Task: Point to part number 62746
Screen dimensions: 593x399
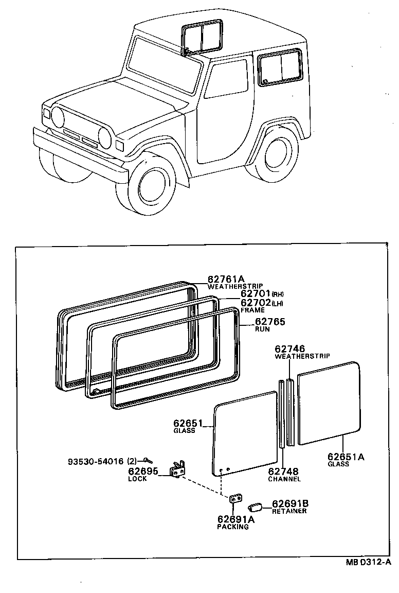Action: pos(289,349)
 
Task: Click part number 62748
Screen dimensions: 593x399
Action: pos(283,472)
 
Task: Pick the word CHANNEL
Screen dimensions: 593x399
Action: pos(284,479)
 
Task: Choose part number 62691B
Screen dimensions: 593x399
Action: pos(291,504)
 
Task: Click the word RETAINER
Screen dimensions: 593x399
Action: pos(289,511)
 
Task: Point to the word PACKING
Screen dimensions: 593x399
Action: pos(232,527)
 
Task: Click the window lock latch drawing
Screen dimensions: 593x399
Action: pos(178,468)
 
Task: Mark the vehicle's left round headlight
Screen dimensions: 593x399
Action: pos(57,117)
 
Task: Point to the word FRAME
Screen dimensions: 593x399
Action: pos(252,310)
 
